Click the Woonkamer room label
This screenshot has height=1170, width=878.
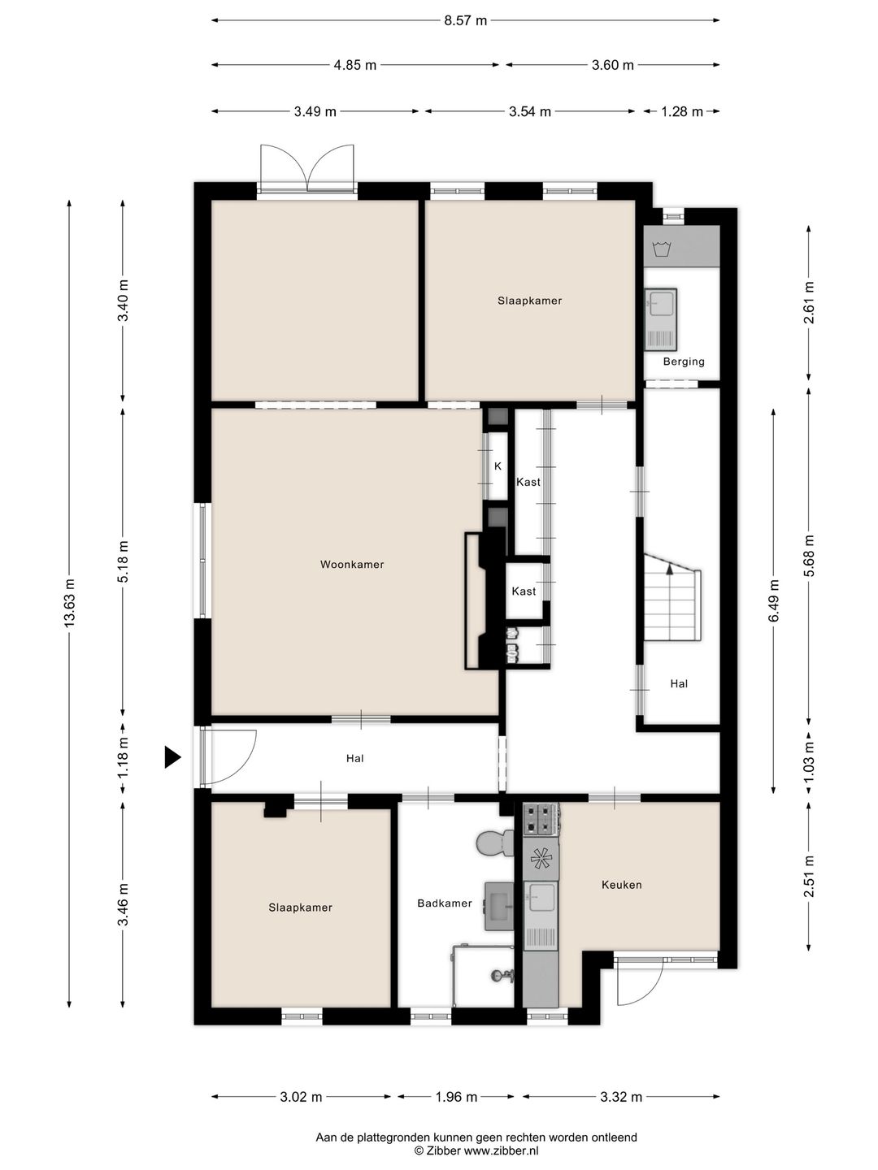click(x=352, y=565)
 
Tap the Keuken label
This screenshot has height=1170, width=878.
click(x=622, y=885)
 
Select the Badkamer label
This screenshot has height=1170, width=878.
click(x=445, y=903)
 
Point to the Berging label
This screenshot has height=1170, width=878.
click(x=684, y=362)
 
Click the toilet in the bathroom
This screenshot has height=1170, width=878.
click(x=495, y=843)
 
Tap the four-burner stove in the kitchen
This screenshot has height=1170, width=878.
click(x=541, y=819)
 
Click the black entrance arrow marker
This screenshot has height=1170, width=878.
click(x=172, y=757)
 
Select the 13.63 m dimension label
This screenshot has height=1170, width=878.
click(x=69, y=603)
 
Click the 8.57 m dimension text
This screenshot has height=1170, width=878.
click(x=465, y=21)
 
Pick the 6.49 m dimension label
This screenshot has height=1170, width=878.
click(x=773, y=600)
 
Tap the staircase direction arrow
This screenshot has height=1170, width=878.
click(x=670, y=570)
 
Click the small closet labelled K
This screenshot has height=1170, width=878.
click(x=498, y=466)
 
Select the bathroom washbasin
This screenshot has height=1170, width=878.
click(x=499, y=906)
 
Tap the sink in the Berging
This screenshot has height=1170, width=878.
click(x=661, y=319)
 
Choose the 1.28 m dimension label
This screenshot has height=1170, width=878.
click(x=682, y=112)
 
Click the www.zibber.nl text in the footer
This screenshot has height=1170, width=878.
click(x=501, y=1150)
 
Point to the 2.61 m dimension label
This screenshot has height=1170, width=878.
click(x=809, y=302)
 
